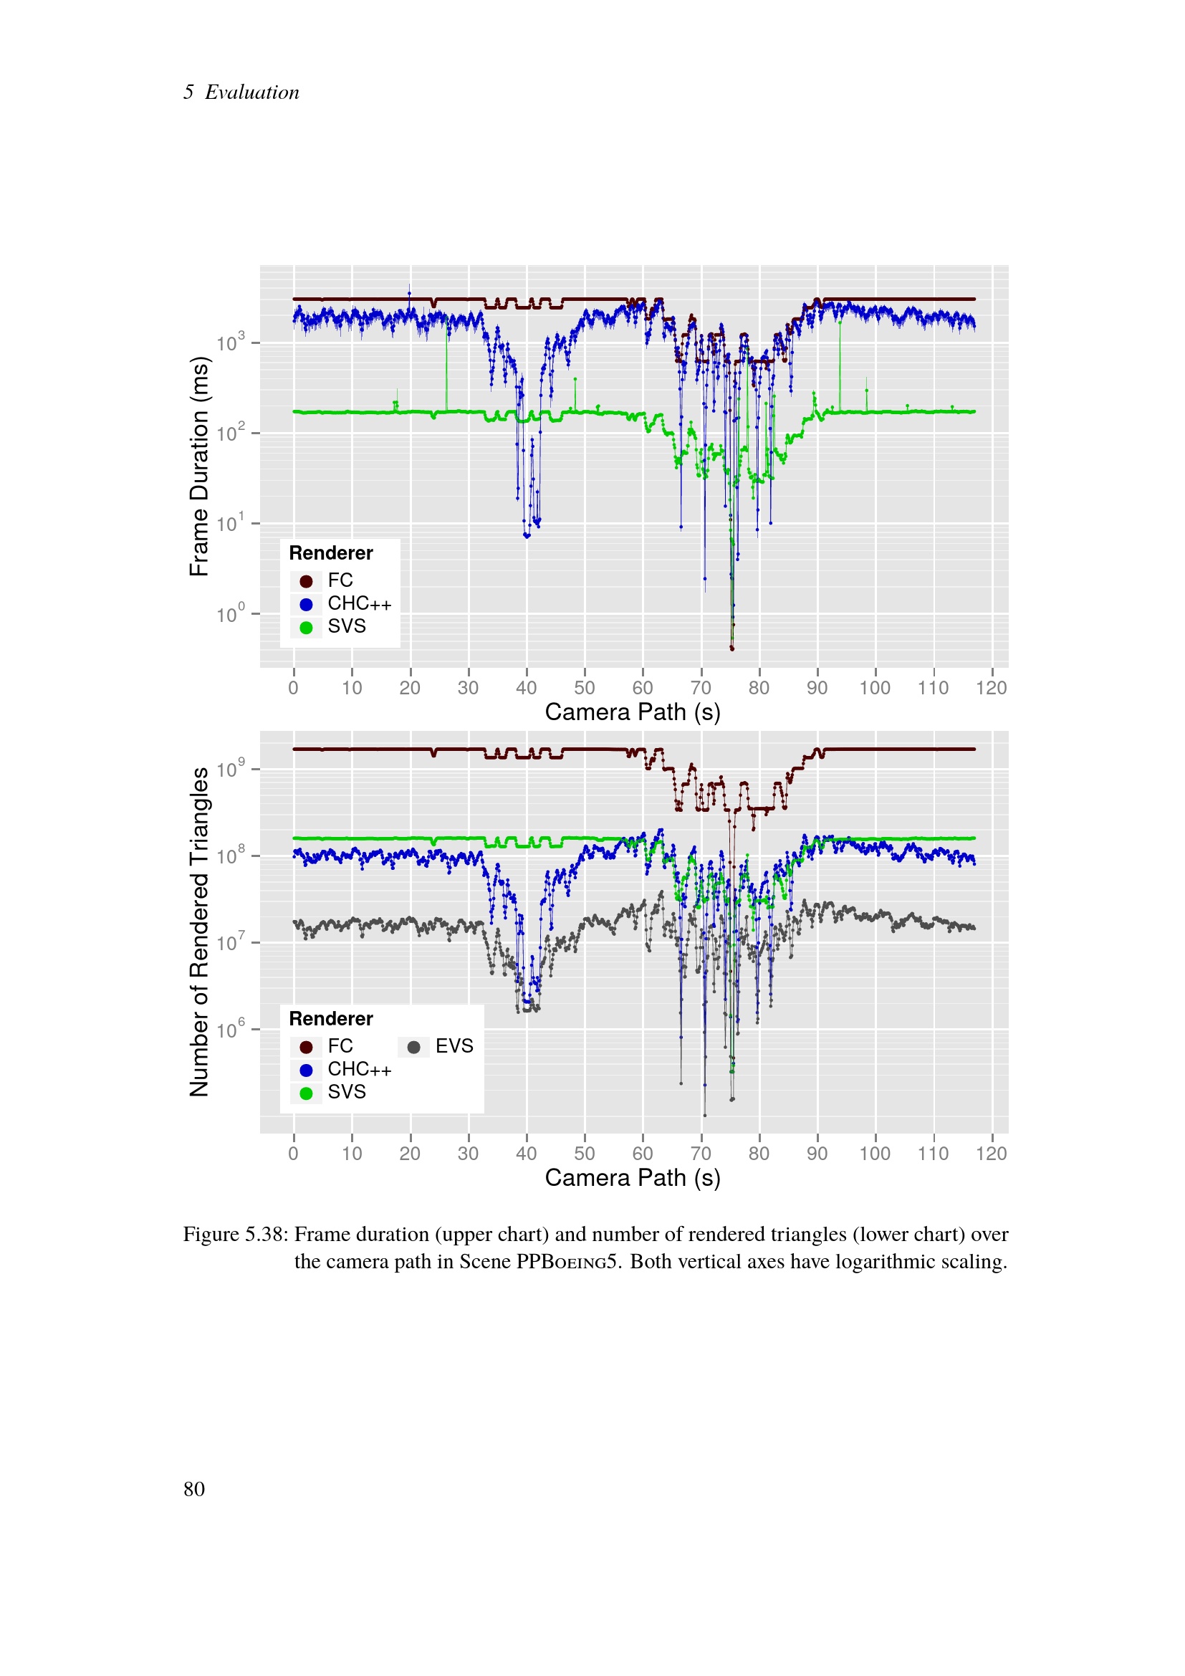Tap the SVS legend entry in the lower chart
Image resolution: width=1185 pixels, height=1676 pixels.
pos(347,1092)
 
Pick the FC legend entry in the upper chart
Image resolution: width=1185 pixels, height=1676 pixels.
pos(340,580)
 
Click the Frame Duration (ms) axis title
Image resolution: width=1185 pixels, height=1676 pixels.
pos(199,466)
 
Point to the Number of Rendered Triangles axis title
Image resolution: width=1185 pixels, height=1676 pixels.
pos(199,932)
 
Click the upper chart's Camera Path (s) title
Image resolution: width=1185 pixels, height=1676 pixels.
pos(633,712)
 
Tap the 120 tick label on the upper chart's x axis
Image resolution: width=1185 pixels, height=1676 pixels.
pos(991,688)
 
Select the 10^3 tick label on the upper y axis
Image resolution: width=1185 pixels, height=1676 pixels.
pos(231,343)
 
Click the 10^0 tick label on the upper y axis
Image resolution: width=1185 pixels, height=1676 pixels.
pos(231,615)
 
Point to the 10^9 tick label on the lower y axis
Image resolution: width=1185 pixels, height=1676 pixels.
pos(231,770)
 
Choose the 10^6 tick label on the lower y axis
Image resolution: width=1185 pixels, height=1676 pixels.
pos(231,1030)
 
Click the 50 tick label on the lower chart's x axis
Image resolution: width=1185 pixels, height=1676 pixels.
pos(584,1154)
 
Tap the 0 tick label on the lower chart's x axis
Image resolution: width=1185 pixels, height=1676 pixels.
pos(293,1154)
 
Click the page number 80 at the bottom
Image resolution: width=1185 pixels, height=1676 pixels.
pos(194,1489)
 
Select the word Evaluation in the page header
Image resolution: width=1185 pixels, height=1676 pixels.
pos(251,92)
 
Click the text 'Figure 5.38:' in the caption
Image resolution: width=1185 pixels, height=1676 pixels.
pos(236,1235)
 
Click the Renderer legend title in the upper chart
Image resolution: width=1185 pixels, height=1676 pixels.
pos(330,553)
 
